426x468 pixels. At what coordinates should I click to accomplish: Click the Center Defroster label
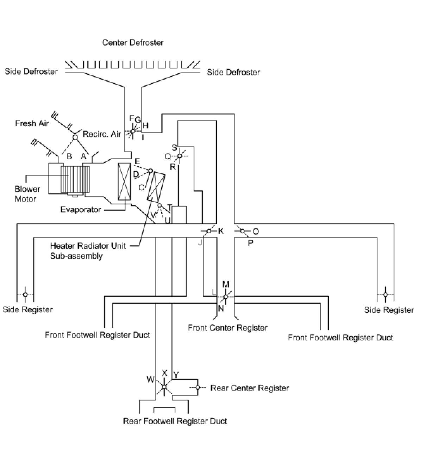pos(133,43)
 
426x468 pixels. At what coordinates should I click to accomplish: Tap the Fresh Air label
pos(32,123)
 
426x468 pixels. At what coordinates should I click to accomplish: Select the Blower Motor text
pos(27,194)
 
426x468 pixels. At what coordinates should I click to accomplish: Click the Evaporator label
pos(81,210)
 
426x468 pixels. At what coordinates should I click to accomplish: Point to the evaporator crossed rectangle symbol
pos(125,181)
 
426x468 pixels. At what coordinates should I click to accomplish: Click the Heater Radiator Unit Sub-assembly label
pos(88,251)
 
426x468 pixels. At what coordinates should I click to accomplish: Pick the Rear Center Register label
pos(250,388)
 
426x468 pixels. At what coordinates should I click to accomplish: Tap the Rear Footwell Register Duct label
pos(175,421)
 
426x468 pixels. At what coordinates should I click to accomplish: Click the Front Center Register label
pos(227,328)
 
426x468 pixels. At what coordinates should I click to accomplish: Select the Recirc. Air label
pos(102,134)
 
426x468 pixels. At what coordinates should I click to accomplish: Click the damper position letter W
pos(150,380)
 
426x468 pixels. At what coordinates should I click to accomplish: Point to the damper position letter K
pos(221,231)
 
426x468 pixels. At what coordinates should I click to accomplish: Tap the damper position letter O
pos(256,232)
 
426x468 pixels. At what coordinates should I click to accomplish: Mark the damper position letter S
pos(174,148)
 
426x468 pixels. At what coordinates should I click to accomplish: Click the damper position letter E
pos(137,162)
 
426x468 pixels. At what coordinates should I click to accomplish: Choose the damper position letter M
pos(226,284)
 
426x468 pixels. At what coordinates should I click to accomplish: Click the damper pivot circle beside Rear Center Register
pos(198,388)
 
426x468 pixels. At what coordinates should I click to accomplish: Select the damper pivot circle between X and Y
pos(164,387)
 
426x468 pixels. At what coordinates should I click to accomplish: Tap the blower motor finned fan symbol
pos(75,179)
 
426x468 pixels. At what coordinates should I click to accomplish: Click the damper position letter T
pos(169,207)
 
